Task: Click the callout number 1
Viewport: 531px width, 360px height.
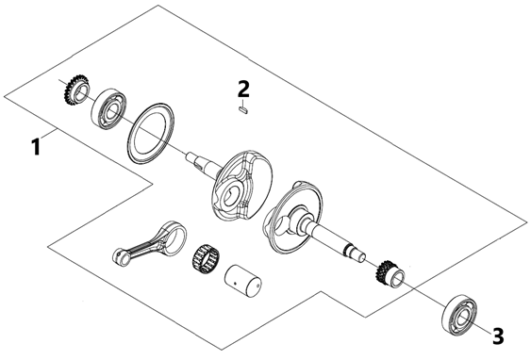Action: click(35, 147)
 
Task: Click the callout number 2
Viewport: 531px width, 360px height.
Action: click(243, 89)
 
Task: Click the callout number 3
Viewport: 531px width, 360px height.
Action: click(497, 336)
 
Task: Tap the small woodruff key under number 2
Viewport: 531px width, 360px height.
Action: click(243, 110)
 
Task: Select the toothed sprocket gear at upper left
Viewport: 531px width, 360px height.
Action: click(75, 90)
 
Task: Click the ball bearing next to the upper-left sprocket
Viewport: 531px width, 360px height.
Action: click(109, 109)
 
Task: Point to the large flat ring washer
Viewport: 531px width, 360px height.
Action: click(151, 133)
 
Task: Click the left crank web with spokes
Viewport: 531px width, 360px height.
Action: click(242, 186)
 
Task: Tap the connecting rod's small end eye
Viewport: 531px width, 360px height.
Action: click(119, 255)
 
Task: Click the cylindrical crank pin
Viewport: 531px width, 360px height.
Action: click(242, 281)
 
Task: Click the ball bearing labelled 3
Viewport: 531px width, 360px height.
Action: click(459, 314)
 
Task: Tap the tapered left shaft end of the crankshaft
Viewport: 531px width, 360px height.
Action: click(203, 163)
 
